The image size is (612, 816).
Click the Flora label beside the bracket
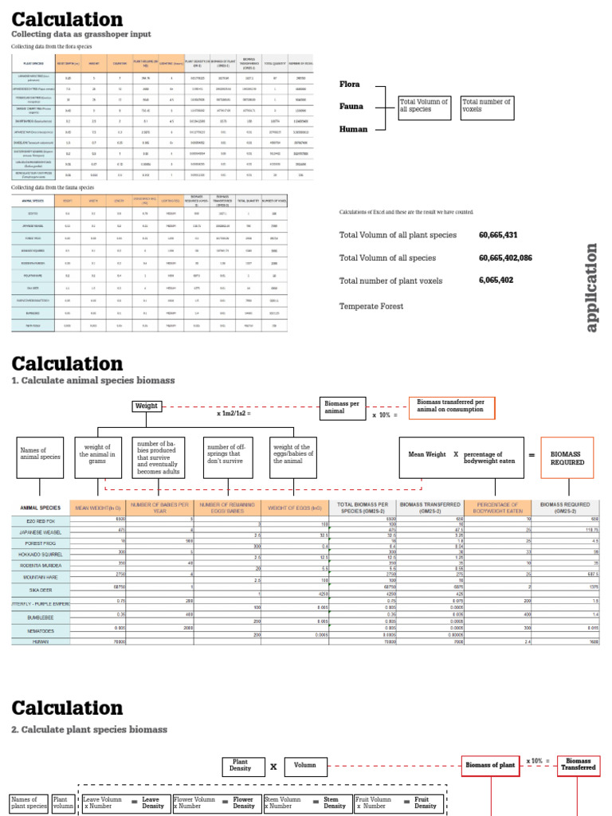(350, 84)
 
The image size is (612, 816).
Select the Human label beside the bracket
(353, 128)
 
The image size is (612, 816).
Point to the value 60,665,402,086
(505, 258)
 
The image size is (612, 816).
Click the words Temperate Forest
(371, 306)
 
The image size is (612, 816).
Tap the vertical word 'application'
(590, 288)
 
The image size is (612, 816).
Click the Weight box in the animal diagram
(147, 406)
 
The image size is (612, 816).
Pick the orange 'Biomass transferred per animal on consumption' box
(451, 407)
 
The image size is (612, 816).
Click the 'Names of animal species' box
(40, 457)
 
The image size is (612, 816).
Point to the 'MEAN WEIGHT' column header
(98, 507)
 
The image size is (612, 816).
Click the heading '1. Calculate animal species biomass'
(93, 381)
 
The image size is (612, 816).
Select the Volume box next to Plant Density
(305, 766)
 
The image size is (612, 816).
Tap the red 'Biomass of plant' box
(489, 766)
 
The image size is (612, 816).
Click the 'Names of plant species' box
(29, 803)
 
